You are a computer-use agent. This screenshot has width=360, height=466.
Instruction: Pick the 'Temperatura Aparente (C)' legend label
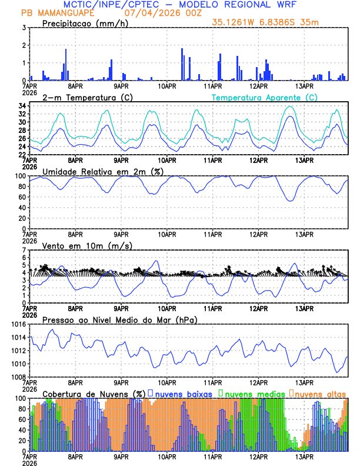[x=264, y=97]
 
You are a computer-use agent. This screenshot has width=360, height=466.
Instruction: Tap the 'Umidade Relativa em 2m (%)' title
[x=99, y=171]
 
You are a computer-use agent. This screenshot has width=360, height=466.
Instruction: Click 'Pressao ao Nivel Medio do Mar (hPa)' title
[x=119, y=319]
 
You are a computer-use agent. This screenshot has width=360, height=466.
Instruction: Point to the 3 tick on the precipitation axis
[x=24, y=28]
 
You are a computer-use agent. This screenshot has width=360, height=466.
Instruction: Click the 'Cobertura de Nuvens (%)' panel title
[x=94, y=394]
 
